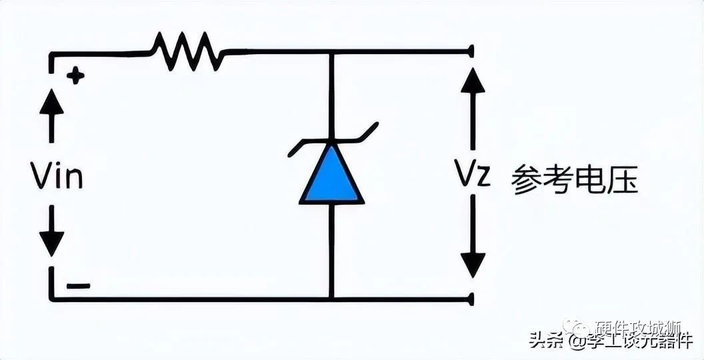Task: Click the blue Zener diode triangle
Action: (331, 177)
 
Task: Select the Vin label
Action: (57, 177)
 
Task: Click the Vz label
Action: (473, 176)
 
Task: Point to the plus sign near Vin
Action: (75, 76)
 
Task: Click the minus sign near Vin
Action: (79, 286)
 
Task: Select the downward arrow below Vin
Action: (51, 237)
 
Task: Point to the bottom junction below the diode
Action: (331, 299)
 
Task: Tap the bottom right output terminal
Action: (471, 299)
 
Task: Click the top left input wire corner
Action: (51, 53)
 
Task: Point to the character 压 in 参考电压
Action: (623, 179)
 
